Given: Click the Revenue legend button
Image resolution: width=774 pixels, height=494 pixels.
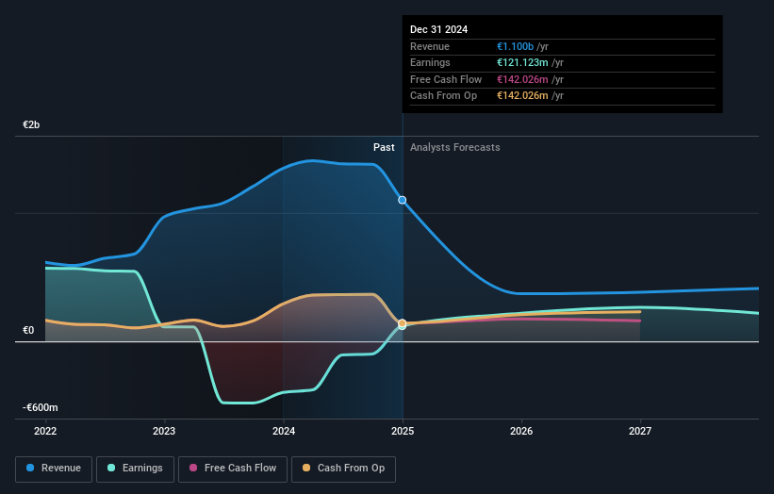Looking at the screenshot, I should pyautogui.click(x=54, y=468).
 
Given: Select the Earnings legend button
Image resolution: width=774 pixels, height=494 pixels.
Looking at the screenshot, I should pyautogui.click(x=136, y=468).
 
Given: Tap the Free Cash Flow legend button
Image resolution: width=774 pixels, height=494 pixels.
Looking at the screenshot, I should pyautogui.click(x=232, y=468).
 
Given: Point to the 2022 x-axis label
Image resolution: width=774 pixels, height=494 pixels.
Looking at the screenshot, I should pyautogui.click(x=45, y=431).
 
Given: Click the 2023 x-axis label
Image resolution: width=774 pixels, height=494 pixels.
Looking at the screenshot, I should pyautogui.click(x=164, y=431).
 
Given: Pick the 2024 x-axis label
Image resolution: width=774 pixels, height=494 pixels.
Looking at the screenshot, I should pyautogui.click(x=283, y=431).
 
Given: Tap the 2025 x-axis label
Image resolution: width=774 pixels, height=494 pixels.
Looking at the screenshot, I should pyautogui.click(x=403, y=431).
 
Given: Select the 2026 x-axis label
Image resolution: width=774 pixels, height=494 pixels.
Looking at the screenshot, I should pyautogui.click(x=521, y=431).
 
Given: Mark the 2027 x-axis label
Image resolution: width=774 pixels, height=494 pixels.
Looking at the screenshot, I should pyautogui.click(x=640, y=431).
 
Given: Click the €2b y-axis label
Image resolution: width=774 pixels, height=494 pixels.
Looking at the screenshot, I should pyautogui.click(x=32, y=124).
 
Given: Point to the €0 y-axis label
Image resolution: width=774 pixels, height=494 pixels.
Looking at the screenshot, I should pyautogui.click(x=28, y=330).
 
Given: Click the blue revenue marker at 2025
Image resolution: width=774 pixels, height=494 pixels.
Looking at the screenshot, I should pyautogui.click(x=403, y=200).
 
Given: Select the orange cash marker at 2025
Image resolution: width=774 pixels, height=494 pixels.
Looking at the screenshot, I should pyautogui.click(x=403, y=323).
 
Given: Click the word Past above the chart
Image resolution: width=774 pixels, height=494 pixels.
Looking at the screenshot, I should pyautogui.click(x=384, y=147).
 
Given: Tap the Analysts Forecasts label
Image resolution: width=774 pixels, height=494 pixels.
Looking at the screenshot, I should pyautogui.click(x=454, y=147).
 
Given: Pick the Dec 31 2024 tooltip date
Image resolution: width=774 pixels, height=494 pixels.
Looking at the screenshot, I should pyautogui.click(x=439, y=29).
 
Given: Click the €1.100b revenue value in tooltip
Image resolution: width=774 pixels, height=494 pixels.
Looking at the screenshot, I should pyautogui.click(x=518, y=47).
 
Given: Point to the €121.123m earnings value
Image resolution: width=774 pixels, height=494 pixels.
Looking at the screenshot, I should pyautogui.click(x=523, y=63).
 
